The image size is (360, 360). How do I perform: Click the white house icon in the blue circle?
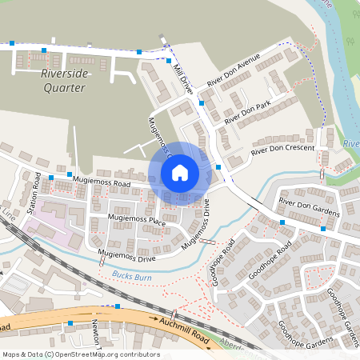179,172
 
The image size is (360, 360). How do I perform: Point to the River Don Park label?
248,112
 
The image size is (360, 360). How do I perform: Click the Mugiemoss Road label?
101,182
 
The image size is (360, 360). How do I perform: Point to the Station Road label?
33,193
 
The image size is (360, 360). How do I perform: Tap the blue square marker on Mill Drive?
202,102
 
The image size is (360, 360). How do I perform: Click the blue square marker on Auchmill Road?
118,306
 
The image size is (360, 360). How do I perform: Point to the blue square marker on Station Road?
51,178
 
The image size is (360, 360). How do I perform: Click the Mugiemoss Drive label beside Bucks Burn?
126,257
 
